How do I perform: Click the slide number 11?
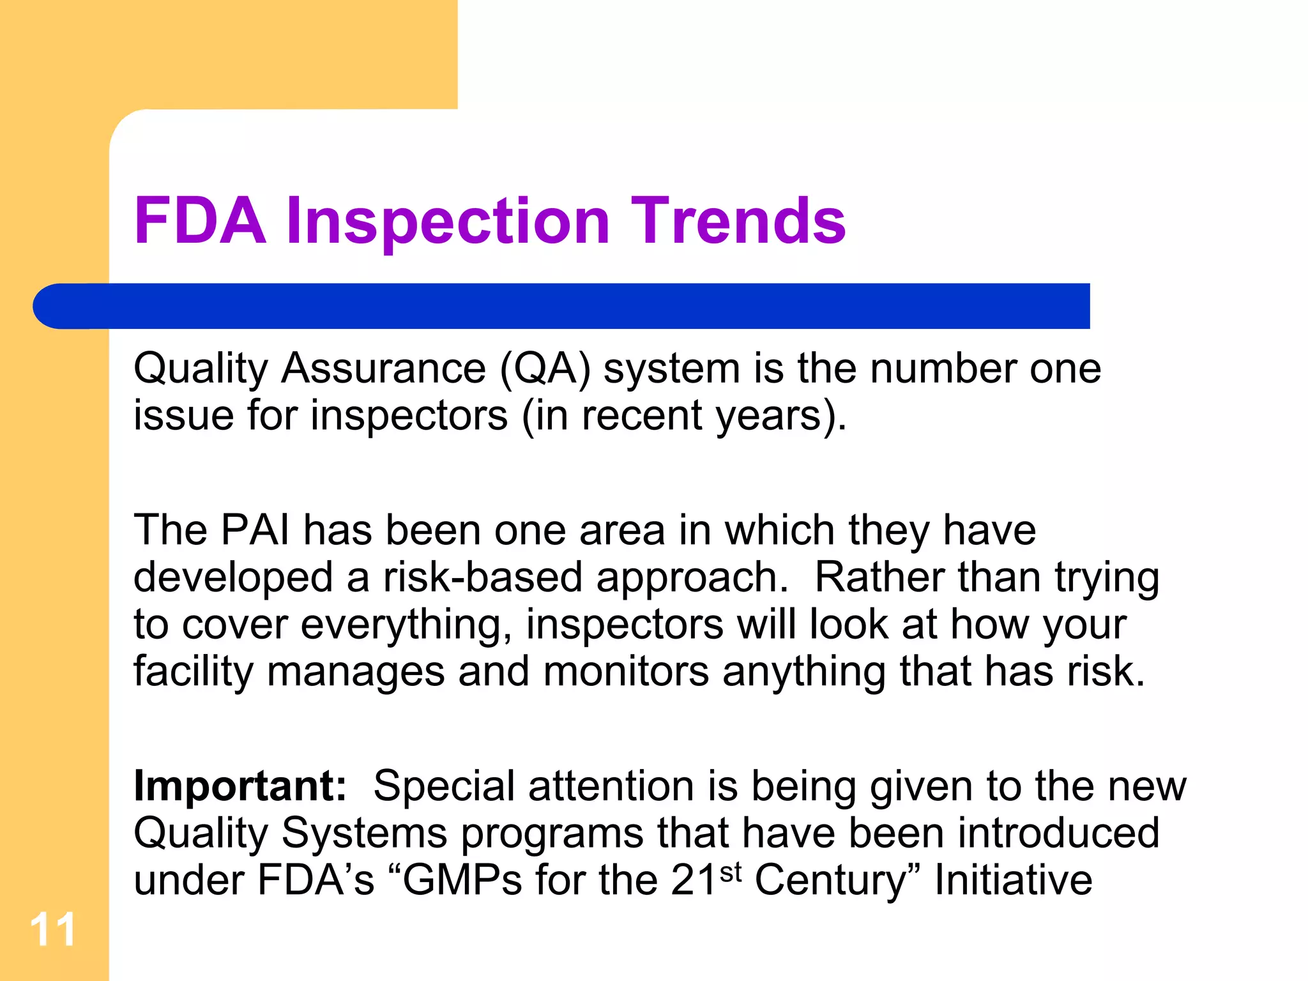point(52,929)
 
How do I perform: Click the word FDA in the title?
point(199,221)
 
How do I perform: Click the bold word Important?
point(240,787)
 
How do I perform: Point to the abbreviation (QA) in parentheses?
point(545,370)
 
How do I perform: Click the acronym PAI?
point(255,531)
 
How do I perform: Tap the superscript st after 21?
point(730,872)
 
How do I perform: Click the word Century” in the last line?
point(838,881)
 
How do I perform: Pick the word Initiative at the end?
point(1014,880)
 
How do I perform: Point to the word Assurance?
point(383,370)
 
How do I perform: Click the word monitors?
point(626,672)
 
